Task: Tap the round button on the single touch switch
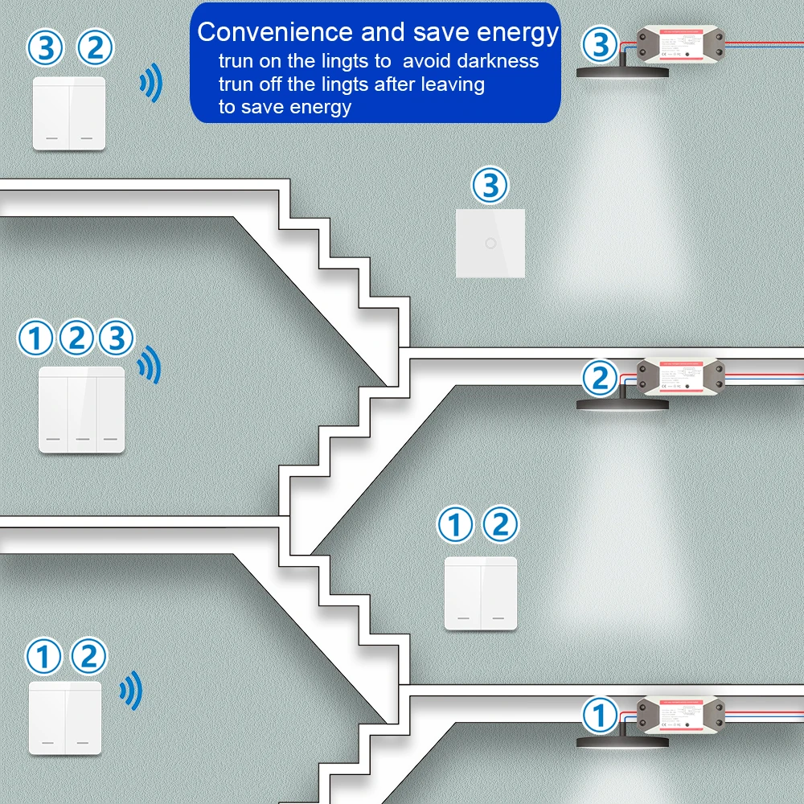click(490, 243)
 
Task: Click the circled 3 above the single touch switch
click(490, 187)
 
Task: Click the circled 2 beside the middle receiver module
click(600, 378)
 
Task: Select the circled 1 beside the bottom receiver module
click(600, 713)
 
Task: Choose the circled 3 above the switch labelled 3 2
click(45, 48)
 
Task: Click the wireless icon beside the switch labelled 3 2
click(150, 83)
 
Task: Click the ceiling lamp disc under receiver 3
click(623, 71)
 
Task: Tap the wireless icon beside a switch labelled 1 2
click(130, 690)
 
